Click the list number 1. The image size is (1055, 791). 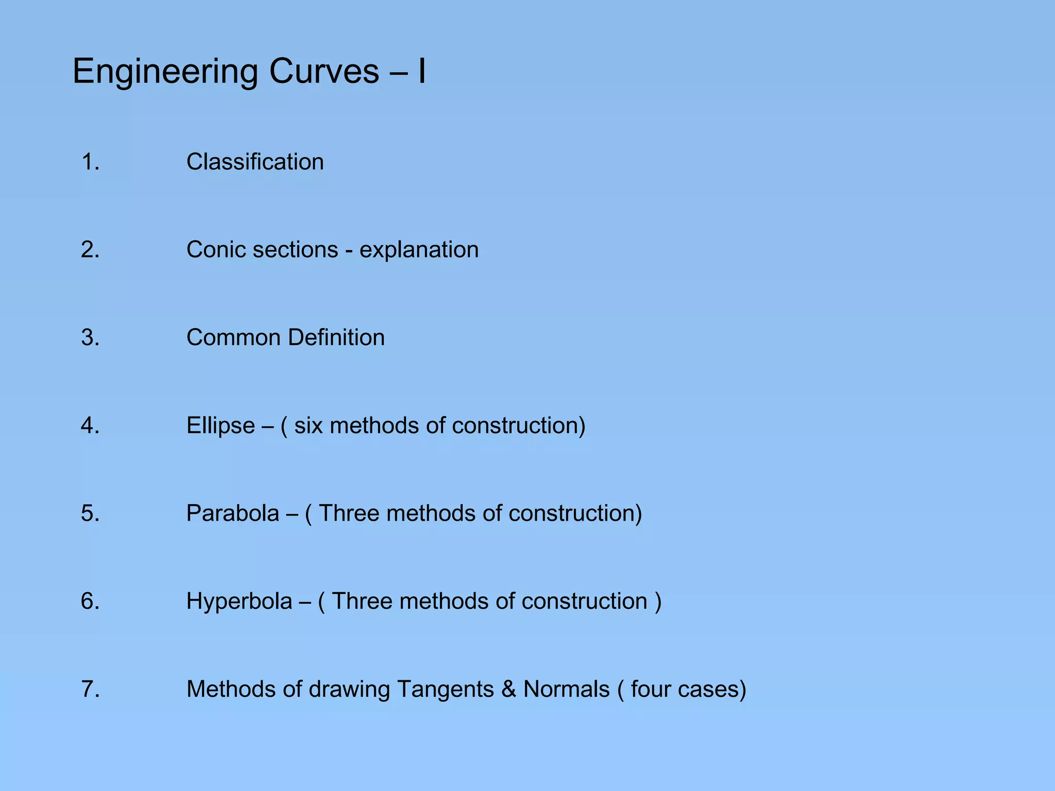click(90, 162)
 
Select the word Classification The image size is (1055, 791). click(255, 162)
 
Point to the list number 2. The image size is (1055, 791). click(90, 250)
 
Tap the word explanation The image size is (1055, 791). click(419, 250)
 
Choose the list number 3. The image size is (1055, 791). click(90, 338)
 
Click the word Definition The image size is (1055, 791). click(336, 338)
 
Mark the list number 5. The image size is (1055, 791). click(90, 513)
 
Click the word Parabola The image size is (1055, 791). click(232, 513)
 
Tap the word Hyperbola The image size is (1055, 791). click(239, 601)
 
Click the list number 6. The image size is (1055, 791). click(90, 601)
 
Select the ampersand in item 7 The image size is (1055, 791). click(509, 690)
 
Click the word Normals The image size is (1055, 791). click(566, 690)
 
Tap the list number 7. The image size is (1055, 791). click(90, 690)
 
